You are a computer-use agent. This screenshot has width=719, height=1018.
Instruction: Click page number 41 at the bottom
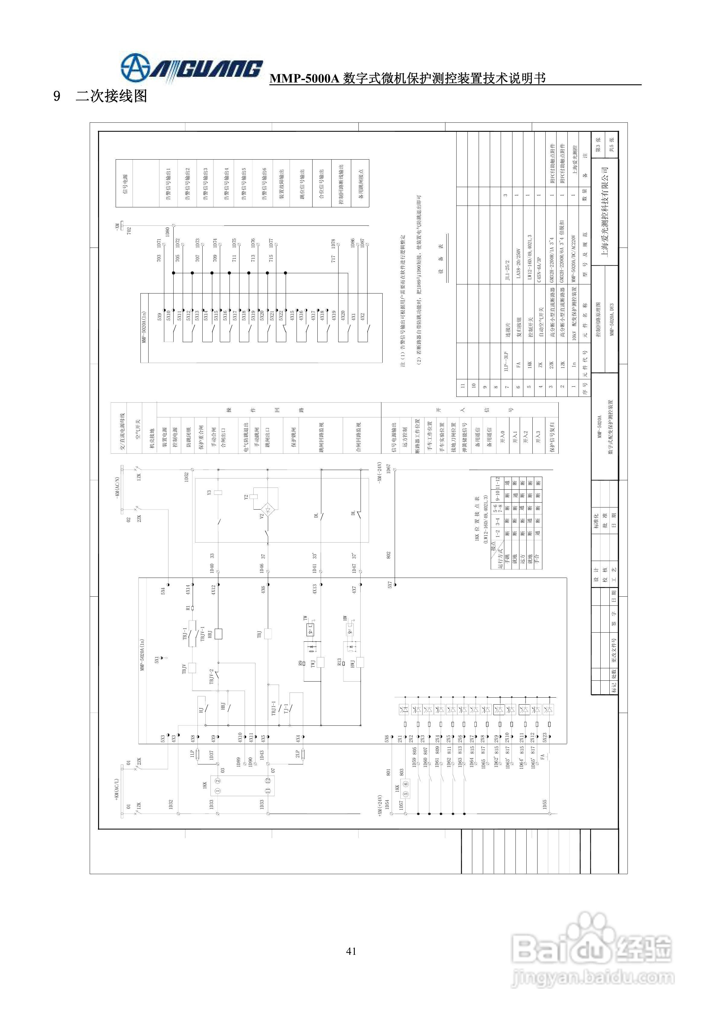351,951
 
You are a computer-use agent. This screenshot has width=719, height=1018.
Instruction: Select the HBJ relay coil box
218,634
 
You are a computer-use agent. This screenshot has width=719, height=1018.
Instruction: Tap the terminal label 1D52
187,477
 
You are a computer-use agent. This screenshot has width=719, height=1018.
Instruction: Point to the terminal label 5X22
281,315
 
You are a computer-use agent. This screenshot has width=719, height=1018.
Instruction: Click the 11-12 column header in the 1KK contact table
497,482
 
